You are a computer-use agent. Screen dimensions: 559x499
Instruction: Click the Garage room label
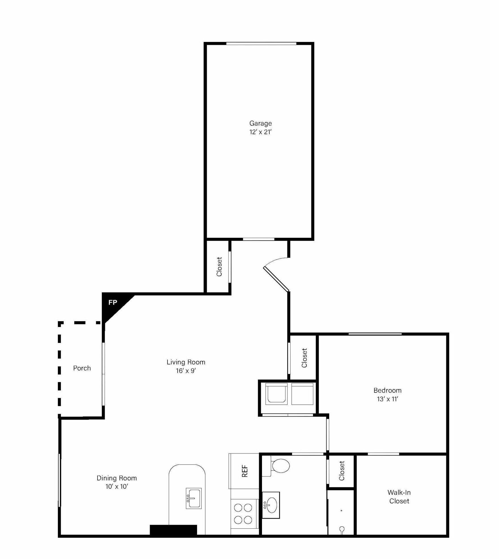(260, 123)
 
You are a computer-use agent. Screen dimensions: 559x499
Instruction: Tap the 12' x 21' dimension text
(260, 132)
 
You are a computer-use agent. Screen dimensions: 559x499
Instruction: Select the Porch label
(82, 368)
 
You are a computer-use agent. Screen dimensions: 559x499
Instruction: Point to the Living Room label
(186, 362)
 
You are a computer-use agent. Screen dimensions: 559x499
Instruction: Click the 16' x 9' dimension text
(186, 371)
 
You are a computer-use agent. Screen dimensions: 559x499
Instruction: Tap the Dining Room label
(117, 478)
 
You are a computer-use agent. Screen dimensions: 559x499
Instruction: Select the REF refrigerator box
(244, 471)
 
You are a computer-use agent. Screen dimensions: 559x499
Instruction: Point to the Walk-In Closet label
(399, 497)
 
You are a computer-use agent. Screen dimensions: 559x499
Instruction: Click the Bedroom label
(387, 390)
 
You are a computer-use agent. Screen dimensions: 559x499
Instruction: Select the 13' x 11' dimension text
(387, 399)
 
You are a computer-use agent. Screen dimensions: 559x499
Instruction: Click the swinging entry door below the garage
(276, 279)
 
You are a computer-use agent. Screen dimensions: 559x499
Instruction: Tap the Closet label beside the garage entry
(219, 267)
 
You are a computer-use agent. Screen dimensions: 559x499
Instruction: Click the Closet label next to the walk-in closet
(342, 471)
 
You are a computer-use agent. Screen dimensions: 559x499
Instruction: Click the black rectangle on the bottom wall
(173, 530)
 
